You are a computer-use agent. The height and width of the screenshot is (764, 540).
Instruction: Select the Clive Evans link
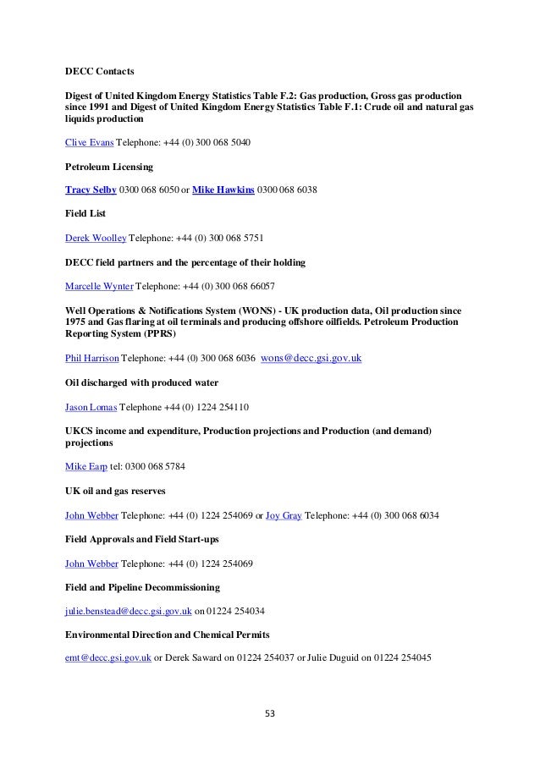pyautogui.click(x=90, y=143)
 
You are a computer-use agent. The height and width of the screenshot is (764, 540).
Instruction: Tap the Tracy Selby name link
pyautogui.click(x=91, y=191)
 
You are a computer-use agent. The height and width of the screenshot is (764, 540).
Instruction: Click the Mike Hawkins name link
pyautogui.click(x=223, y=191)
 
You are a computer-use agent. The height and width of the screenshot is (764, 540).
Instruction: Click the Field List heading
pyautogui.click(x=87, y=215)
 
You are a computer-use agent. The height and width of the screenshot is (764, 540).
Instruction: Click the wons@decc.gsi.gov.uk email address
pyautogui.click(x=312, y=359)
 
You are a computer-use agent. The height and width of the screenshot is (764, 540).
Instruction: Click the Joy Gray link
pyautogui.click(x=284, y=514)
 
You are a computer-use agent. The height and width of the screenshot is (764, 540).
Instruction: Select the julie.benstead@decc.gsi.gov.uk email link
pyautogui.click(x=129, y=610)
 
